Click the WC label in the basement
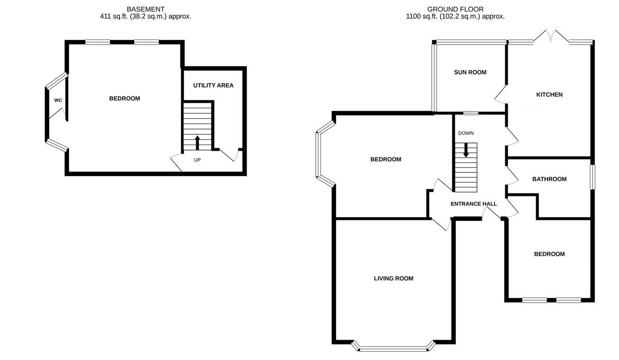pyautogui.click(x=58, y=100)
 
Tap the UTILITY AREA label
pyautogui.click(x=213, y=85)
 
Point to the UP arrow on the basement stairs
pyautogui.click(x=197, y=142)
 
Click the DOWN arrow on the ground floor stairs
pyautogui.click(x=466, y=150)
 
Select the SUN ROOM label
pyautogui.click(x=470, y=72)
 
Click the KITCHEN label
pyautogui.click(x=549, y=94)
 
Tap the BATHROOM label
pyautogui.click(x=549, y=179)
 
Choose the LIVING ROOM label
pyautogui.click(x=393, y=278)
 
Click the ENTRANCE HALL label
pyautogui.click(x=473, y=203)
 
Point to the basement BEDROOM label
pyautogui.click(x=125, y=98)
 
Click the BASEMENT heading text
pyautogui.click(x=145, y=9)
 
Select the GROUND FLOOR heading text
pyautogui.click(x=455, y=9)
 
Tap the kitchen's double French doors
pyautogui.click(x=551, y=37)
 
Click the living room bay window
pyautogui.click(x=393, y=349)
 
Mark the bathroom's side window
pyautogui.click(x=592, y=177)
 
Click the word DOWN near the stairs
pyautogui.click(x=466, y=133)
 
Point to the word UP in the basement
pyautogui.click(x=197, y=160)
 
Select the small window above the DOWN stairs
pyautogui.click(x=471, y=113)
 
